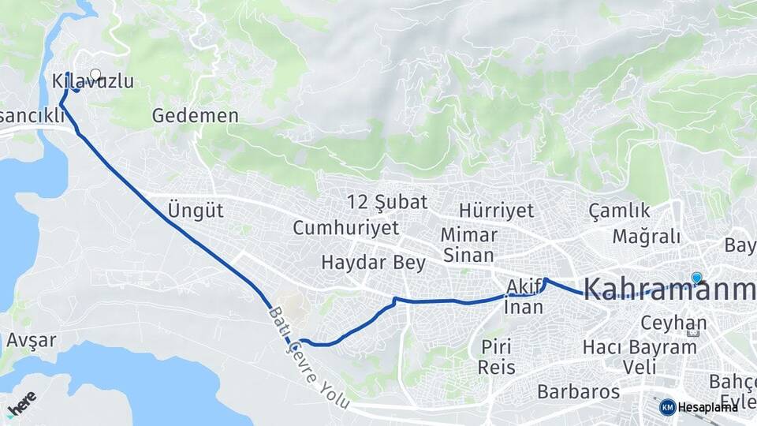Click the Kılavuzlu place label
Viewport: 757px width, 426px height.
(91, 81)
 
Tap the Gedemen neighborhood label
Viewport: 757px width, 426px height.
(196, 116)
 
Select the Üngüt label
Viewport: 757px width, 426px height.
(196, 211)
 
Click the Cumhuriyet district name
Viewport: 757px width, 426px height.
(346, 228)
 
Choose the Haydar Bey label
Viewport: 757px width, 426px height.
(374, 263)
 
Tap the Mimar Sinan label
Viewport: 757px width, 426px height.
(468, 245)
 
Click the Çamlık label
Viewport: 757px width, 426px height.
(620, 211)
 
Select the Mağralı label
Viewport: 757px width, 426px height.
(636, 237)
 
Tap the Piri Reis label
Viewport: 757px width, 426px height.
(497, 357)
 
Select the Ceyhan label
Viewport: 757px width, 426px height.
(662, 323)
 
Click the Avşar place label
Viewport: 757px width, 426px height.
(31, 341)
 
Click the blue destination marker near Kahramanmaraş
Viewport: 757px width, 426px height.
(696, 278)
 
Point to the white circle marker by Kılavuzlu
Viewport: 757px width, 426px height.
(95, 74)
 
